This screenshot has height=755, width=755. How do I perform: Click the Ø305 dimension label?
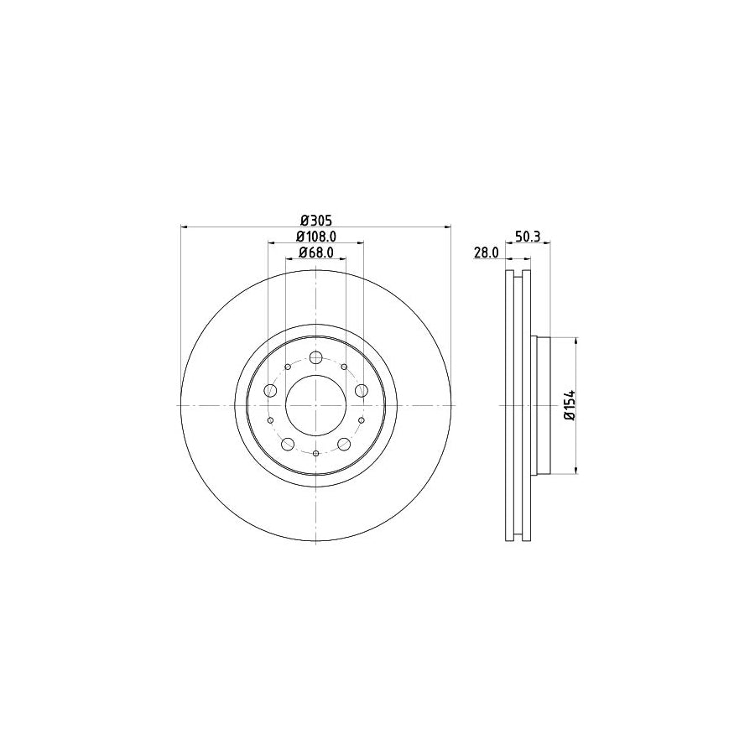click(x=316, y=221)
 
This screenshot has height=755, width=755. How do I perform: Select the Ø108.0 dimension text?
click(x=316, y=237)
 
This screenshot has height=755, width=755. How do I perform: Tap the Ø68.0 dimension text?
click(x=316, y=253)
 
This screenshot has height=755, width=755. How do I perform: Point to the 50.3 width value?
click(x=528, y=237)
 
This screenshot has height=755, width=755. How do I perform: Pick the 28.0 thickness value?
click(x=487, y=253)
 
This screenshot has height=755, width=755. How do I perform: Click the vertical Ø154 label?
click(x=570, y=405)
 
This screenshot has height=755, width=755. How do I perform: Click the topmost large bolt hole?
click(x=316, y=357)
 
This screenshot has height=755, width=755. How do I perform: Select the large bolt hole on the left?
click(x=271, y=390)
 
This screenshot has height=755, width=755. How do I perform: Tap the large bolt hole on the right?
click(x=361, y=390)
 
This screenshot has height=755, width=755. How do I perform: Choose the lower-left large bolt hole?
click(x=288, y=444)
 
